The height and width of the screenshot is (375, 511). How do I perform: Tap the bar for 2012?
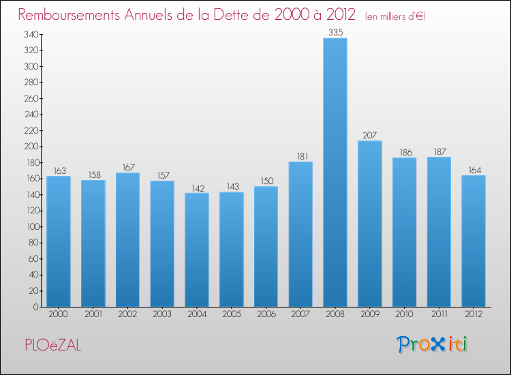pos(474,241)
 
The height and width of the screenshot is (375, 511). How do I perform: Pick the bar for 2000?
pos(58,241)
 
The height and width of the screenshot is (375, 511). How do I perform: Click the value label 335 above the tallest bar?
pos(335,31)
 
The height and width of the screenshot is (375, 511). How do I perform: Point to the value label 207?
pos(369,135)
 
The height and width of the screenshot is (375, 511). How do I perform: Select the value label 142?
pos(196,187)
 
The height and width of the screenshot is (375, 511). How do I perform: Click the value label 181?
pos(300,156)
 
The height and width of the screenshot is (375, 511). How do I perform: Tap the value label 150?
pos(266,181)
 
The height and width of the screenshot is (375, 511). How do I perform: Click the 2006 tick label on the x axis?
pos(266,314)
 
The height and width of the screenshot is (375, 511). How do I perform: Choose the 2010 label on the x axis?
pos(404,314)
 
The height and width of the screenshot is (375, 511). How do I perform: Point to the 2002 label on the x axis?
pos(127,314)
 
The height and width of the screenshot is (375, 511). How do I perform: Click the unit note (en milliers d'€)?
pos(395,16)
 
